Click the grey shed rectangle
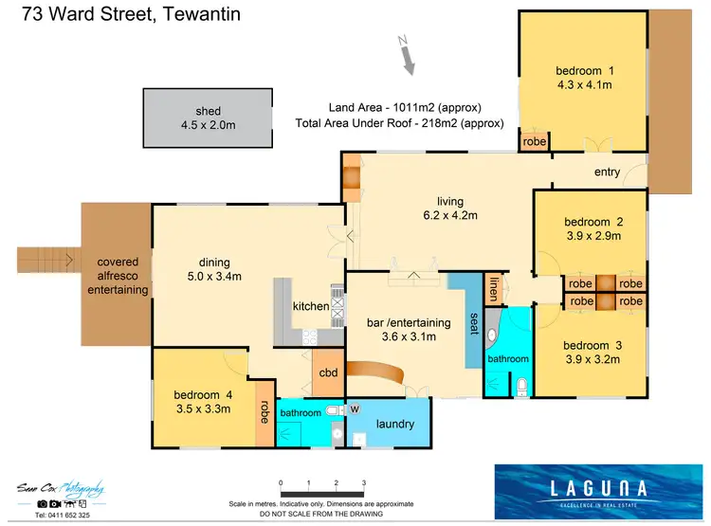[x=201, y=118]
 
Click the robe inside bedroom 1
[x=536, y=141]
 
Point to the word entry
[x=607, y=172]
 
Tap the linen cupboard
[x=493, y=290]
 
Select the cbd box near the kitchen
[x=329, y=372]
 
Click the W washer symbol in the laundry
[x=355, y=409]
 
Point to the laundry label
[x=394, y=424]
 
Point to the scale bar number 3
[x=363, y=482]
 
